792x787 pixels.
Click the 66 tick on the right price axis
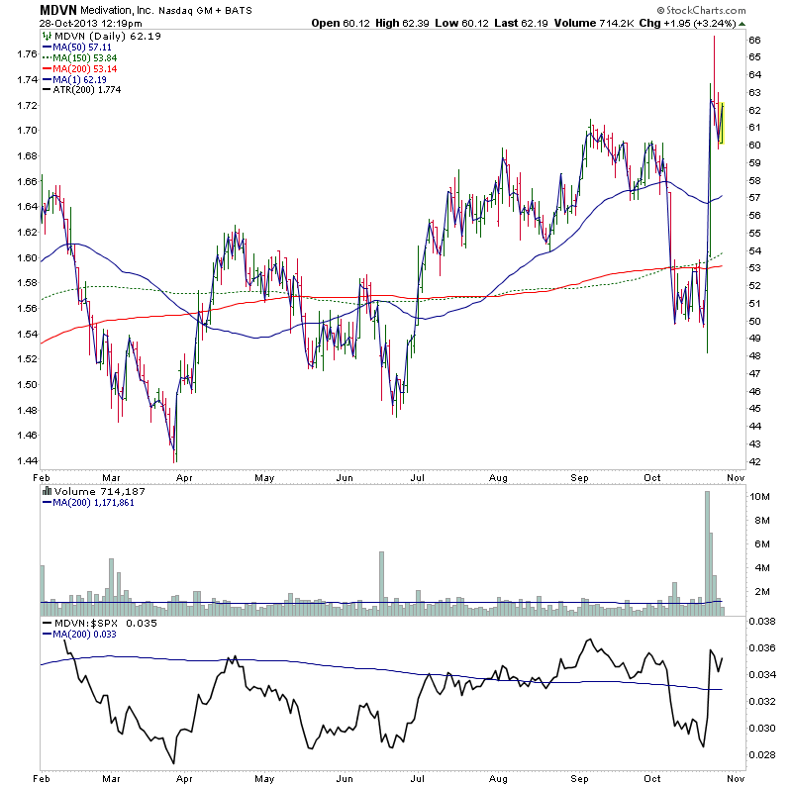point(753,40)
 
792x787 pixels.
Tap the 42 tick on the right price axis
point(753,461)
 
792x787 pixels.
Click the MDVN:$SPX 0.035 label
point(94,624)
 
